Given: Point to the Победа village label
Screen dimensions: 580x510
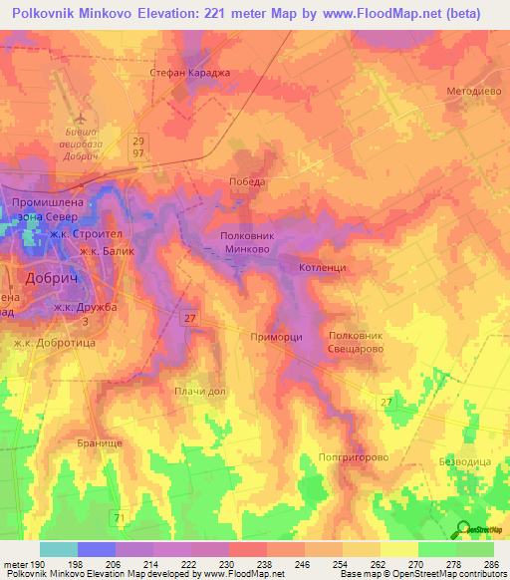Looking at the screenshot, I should pos(247,182).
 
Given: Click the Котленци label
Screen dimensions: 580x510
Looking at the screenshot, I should pos(322,268).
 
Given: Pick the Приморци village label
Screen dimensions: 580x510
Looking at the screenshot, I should pos(277,338).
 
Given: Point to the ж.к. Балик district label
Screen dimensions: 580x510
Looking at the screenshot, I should pos(107,251).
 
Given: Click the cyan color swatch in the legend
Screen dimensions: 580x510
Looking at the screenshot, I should pos(59,548).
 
